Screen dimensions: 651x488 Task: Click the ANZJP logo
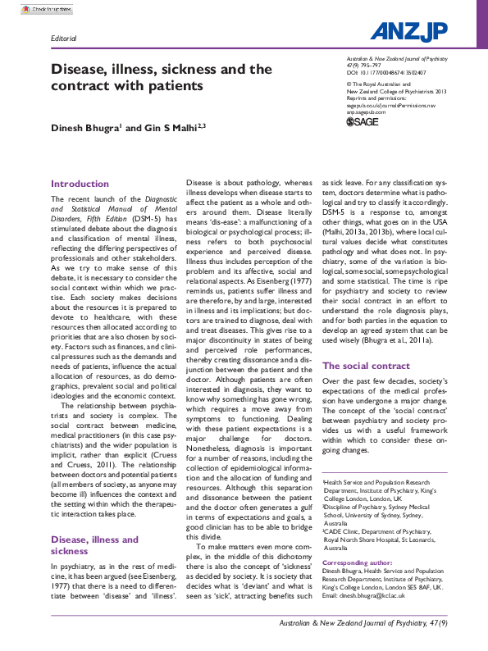point(408,31)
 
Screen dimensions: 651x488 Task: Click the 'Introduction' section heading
point(80,184)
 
